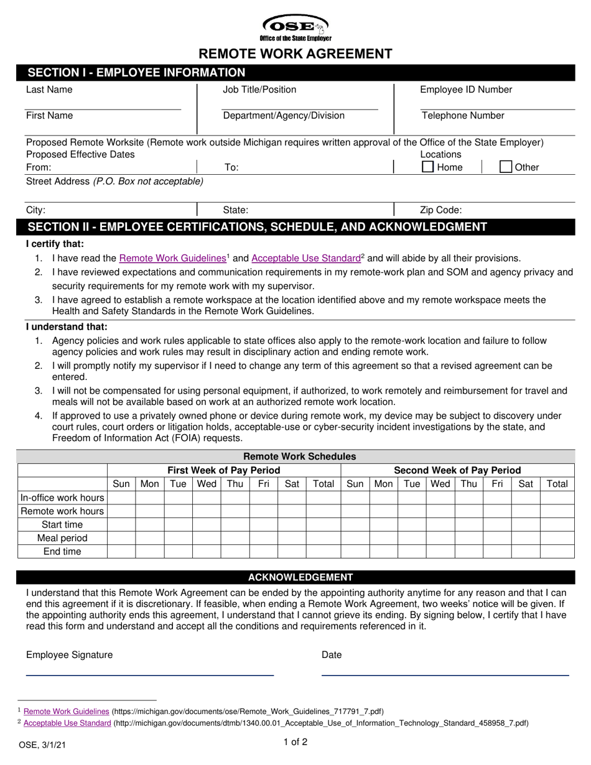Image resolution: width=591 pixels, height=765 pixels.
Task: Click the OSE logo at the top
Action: pyautogui.click(x=295, y=27)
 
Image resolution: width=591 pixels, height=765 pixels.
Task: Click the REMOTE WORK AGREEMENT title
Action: pyautogui.click(x=295, y=54)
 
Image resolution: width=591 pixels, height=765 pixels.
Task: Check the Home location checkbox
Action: pyautogui.click(x=428, y=167)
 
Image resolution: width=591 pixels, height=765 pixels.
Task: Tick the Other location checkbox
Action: pyautogui.click(x=506, y=167)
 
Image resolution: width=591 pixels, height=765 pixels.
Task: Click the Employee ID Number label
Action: pyautogui.click(x=466, y=90)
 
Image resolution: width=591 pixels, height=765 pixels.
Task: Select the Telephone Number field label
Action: pyautogui.click(x=463, y=116)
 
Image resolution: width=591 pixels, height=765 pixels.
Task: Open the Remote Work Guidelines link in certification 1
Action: pyautogui.click(x=172, y=258)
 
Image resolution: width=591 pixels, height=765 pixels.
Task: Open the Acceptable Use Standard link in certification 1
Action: pyautogui.click(x=306, y=258)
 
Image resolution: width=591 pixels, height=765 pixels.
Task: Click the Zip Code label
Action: pyautogui.click(x=441, y=210)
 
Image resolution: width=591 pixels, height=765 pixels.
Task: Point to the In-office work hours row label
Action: pyautogui.click(x=62, y=498)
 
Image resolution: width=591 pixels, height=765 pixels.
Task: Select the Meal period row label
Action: pyautogui.click(x=62, y=538)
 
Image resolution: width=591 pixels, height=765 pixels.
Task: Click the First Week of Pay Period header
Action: pyautogui.click(x=224, y=470)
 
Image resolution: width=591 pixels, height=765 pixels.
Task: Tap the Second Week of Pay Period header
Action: pyautogui.click(x=457, y=470)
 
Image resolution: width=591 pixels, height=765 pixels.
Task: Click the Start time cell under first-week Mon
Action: pyautogui.click(x=149, y=524)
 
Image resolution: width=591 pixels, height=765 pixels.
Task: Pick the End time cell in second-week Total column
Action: pyautogui.click(x=557, y=552)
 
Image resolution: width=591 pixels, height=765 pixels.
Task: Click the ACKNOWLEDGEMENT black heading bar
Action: pyautogui.click(x=295, y=577)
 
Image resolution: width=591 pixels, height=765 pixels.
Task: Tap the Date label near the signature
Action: pyautogui.click(x=332, y=655)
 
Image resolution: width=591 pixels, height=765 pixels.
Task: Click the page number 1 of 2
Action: pyautogui.click(x=295, y=741)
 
